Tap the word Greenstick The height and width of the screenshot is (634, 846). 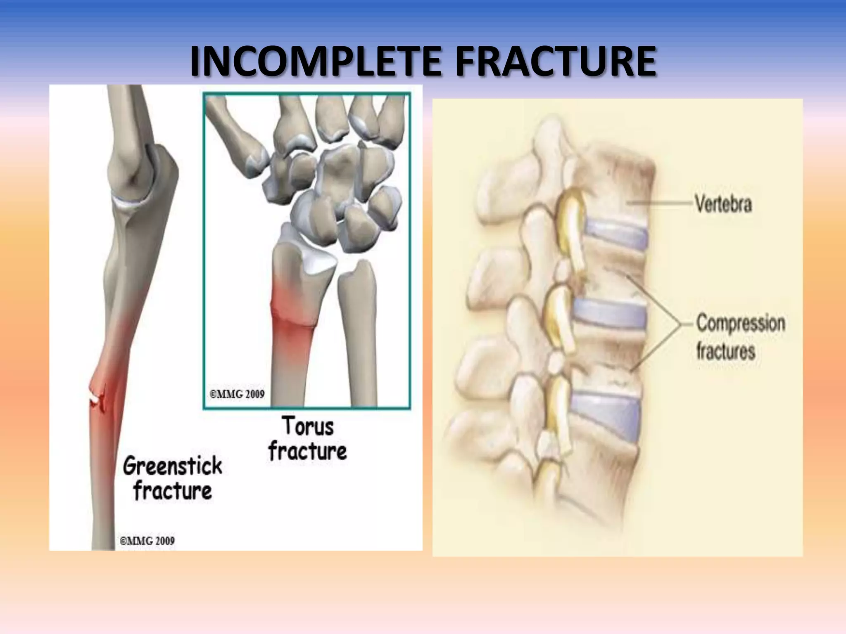173,466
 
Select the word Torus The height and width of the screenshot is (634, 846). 308,426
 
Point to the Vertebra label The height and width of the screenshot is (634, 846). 723,204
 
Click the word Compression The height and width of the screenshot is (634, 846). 741,323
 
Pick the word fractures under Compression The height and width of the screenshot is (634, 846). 725,351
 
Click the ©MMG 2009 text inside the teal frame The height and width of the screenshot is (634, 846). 237,394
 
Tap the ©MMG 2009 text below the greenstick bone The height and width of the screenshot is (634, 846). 147,540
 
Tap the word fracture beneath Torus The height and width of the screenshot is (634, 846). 308,451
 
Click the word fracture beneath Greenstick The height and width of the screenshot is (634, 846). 173,491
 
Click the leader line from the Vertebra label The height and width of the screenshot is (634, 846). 661,203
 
